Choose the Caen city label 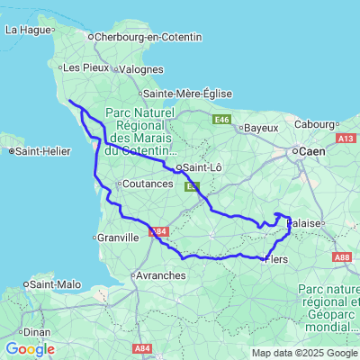coord(312,152)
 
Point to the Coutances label coord(147,184)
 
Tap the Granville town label coord(117,238)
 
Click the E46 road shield coord(223,119)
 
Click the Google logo coord(30,348)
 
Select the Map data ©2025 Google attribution coord(304,353)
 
